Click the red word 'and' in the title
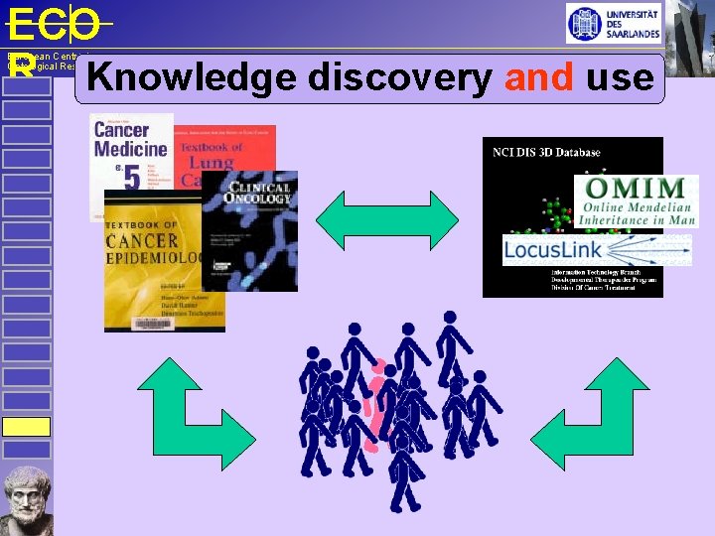click(538, 77)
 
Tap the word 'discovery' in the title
click(398, 77)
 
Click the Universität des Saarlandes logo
click(613, 23)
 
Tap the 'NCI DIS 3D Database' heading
click(546, 152)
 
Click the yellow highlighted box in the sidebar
click(26, 427)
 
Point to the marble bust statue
click(27, 500)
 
